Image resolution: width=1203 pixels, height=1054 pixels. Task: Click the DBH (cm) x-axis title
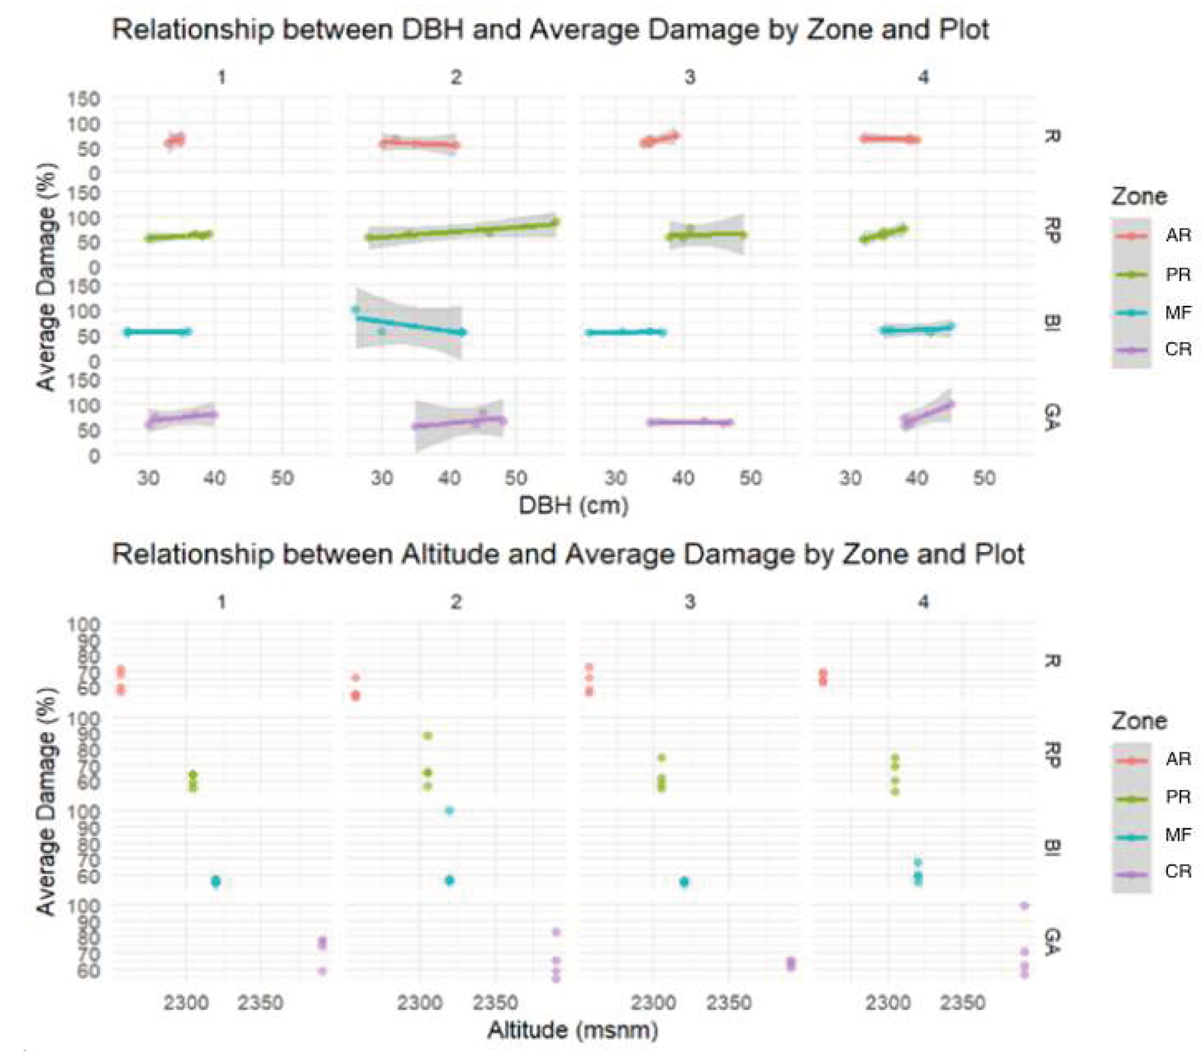[573, 505]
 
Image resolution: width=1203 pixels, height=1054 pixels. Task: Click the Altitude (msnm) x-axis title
[572, 1029]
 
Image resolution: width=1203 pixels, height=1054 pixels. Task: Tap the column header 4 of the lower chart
[924, 602]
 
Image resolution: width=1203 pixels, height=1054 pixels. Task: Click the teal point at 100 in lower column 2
[449, 810]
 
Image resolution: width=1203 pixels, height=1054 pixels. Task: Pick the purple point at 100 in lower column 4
[1024, 905]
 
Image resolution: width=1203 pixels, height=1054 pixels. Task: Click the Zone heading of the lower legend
[1139, 721]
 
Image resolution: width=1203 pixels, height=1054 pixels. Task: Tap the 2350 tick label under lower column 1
[261, 1002]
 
